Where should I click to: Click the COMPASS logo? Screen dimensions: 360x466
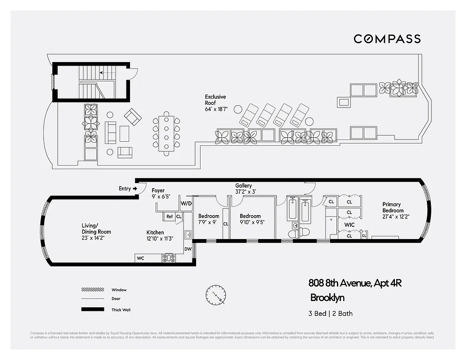(x=387, y=39)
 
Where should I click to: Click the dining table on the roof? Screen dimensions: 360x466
(x=166, y=134)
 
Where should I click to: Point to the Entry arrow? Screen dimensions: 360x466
(x=134, y=189)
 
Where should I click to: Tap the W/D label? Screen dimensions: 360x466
(x=186, y=203)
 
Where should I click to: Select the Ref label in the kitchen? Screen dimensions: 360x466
(x=169, y=216)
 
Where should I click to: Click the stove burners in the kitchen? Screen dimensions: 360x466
(x=169, y=258)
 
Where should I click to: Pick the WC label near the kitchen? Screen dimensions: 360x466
(x=140, y=258)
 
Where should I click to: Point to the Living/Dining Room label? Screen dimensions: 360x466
(x=96, y=229)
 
